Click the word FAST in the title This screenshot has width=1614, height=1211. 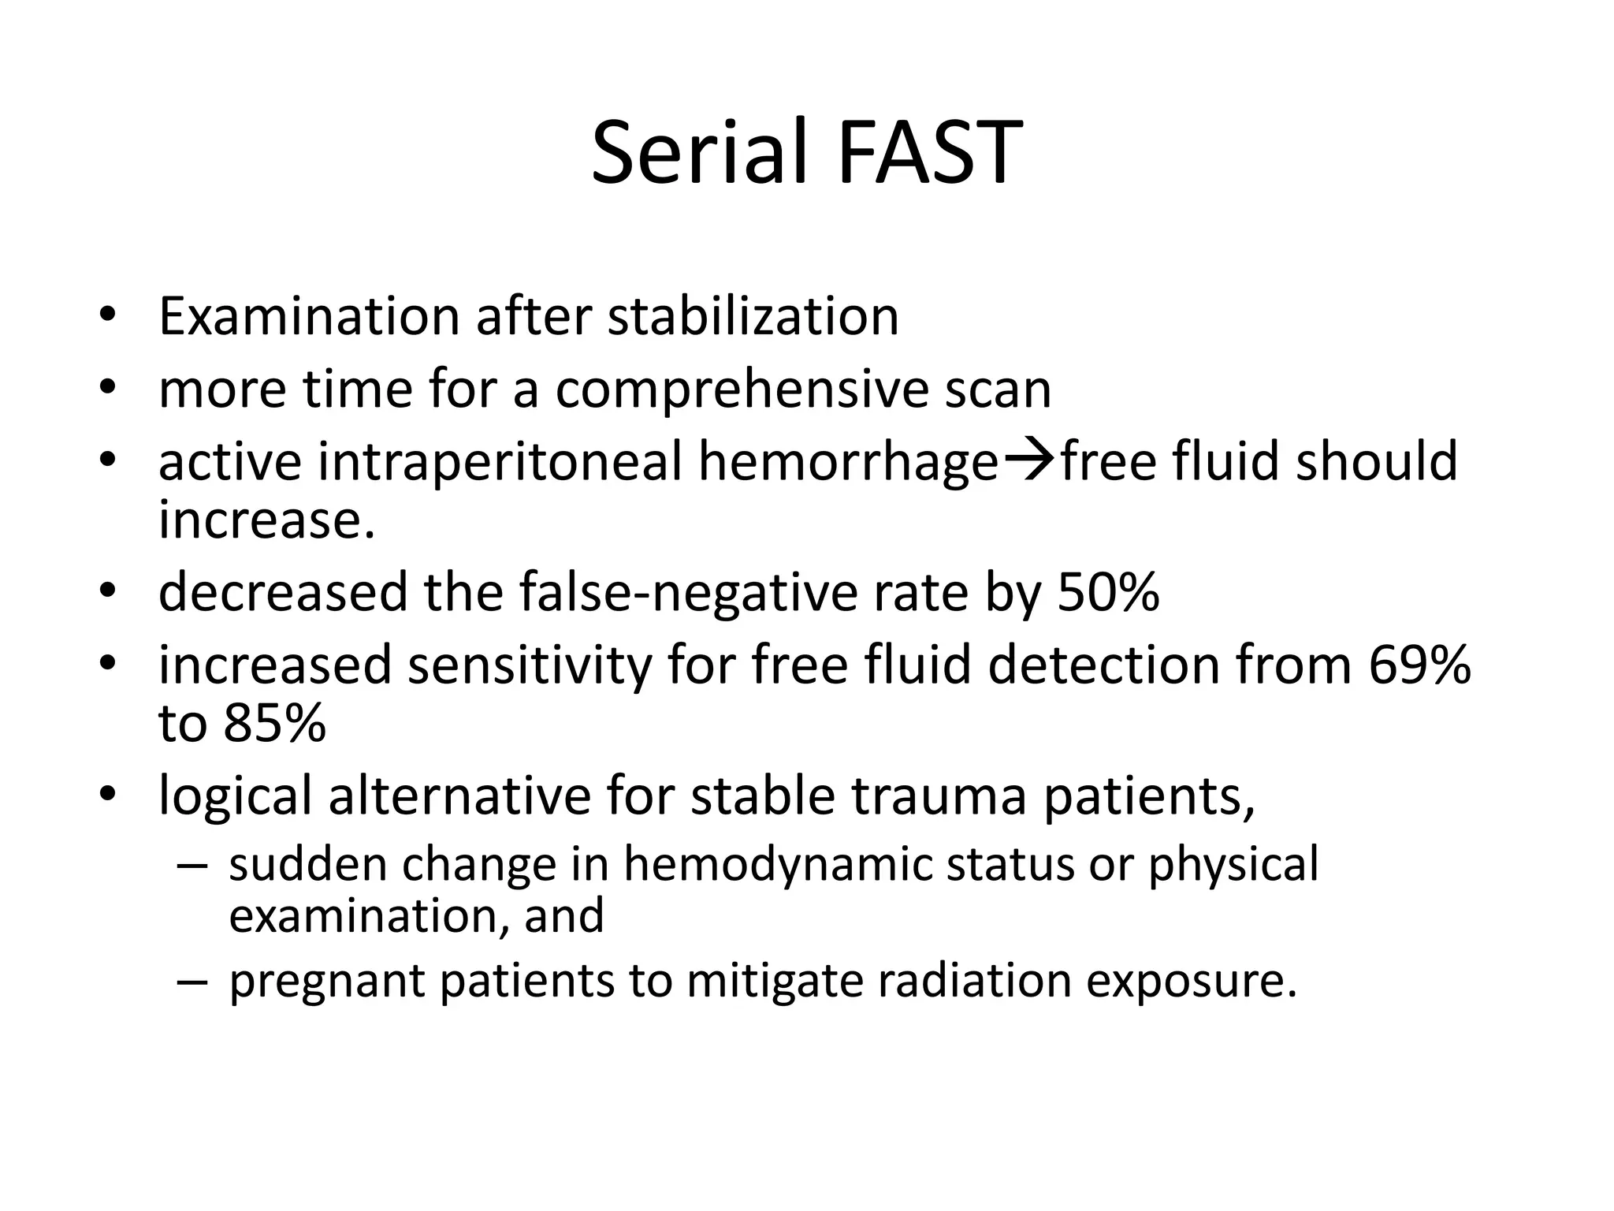929,152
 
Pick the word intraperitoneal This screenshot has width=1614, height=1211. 500,461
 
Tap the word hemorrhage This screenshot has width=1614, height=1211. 848,463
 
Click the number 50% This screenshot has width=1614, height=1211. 1107,592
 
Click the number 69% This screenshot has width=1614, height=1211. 1419,665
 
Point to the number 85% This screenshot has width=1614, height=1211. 273,723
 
